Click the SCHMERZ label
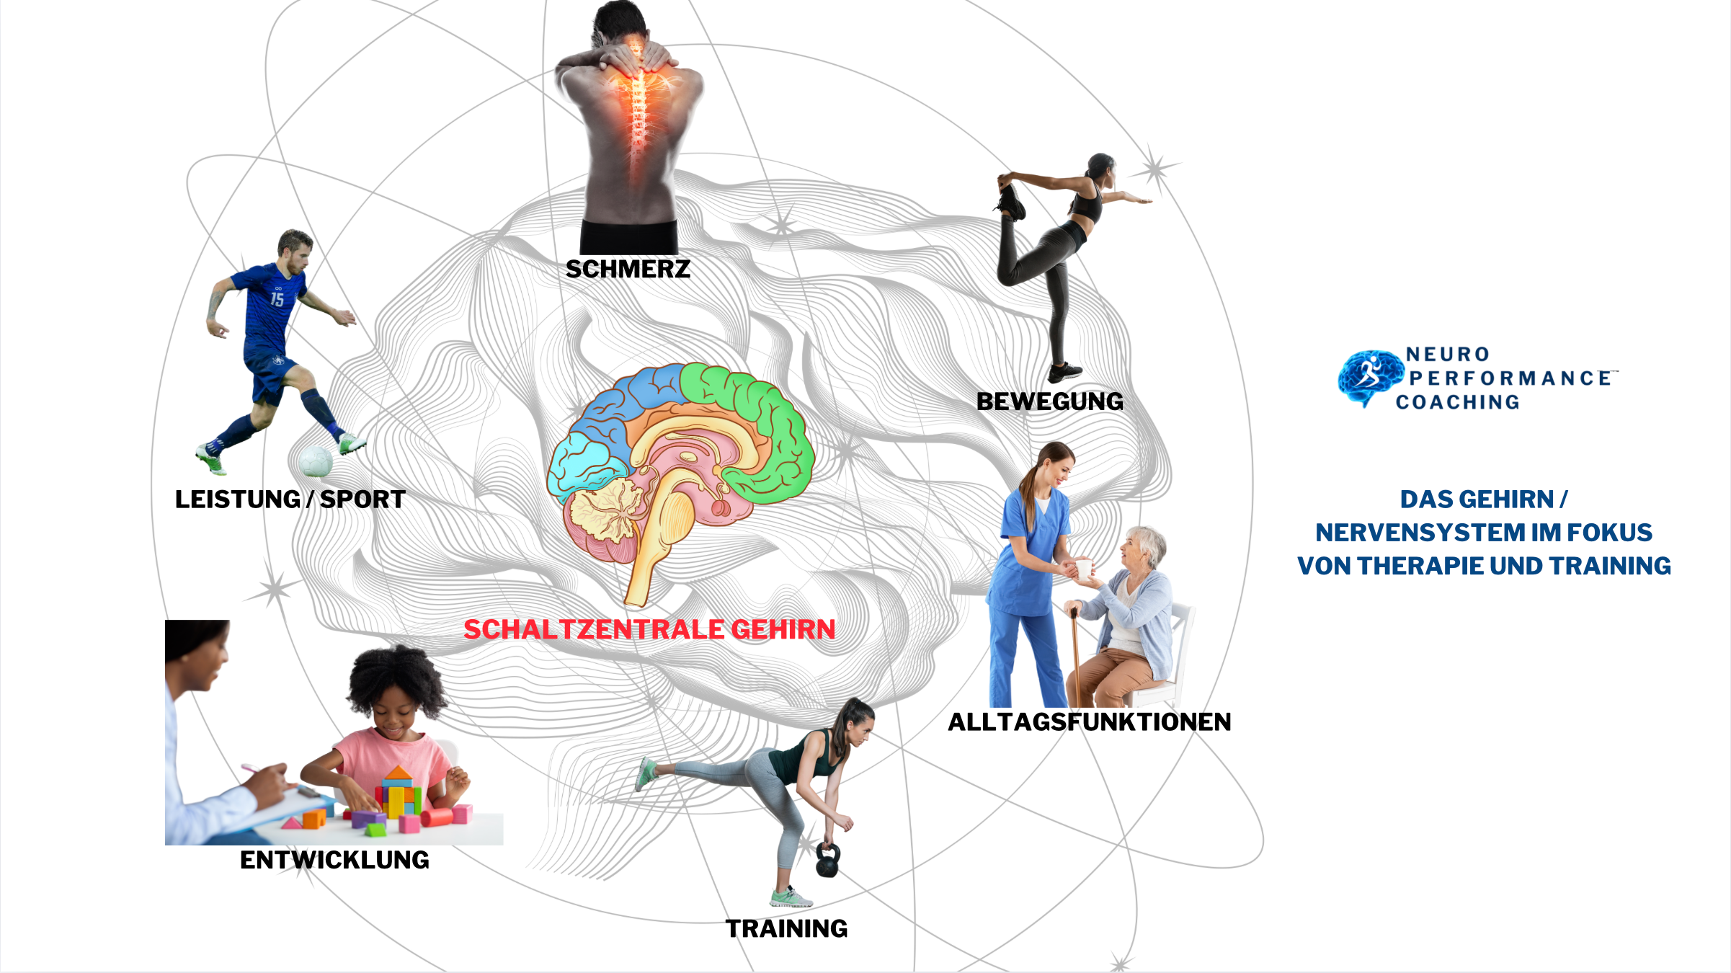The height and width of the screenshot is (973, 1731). [x=628, y=270]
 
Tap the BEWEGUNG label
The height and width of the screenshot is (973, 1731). [x=1050, y=401]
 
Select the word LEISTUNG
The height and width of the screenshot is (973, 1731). [x=238, y=499]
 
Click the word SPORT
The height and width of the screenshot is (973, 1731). [x=362, y=499]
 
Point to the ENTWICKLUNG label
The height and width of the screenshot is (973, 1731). [x=334, y=860]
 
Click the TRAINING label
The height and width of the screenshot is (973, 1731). [x=786, y=928]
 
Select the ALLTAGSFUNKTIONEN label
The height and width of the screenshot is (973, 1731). [x=1089, y=721]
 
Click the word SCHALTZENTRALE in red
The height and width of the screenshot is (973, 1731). [x=594, y=630]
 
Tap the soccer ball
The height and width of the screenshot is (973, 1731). [x=314, y=461]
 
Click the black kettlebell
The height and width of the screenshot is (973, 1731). [x=827, y=862]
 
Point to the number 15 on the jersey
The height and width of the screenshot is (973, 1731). [x=277, y=299]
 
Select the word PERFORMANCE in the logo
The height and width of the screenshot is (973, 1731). [x=1510, y=378]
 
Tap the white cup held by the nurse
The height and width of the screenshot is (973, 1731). [x=1083, y=569]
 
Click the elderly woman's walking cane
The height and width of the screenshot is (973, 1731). [x=1074, y=656]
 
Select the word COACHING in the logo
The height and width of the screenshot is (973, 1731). [x=1457, y=402]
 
